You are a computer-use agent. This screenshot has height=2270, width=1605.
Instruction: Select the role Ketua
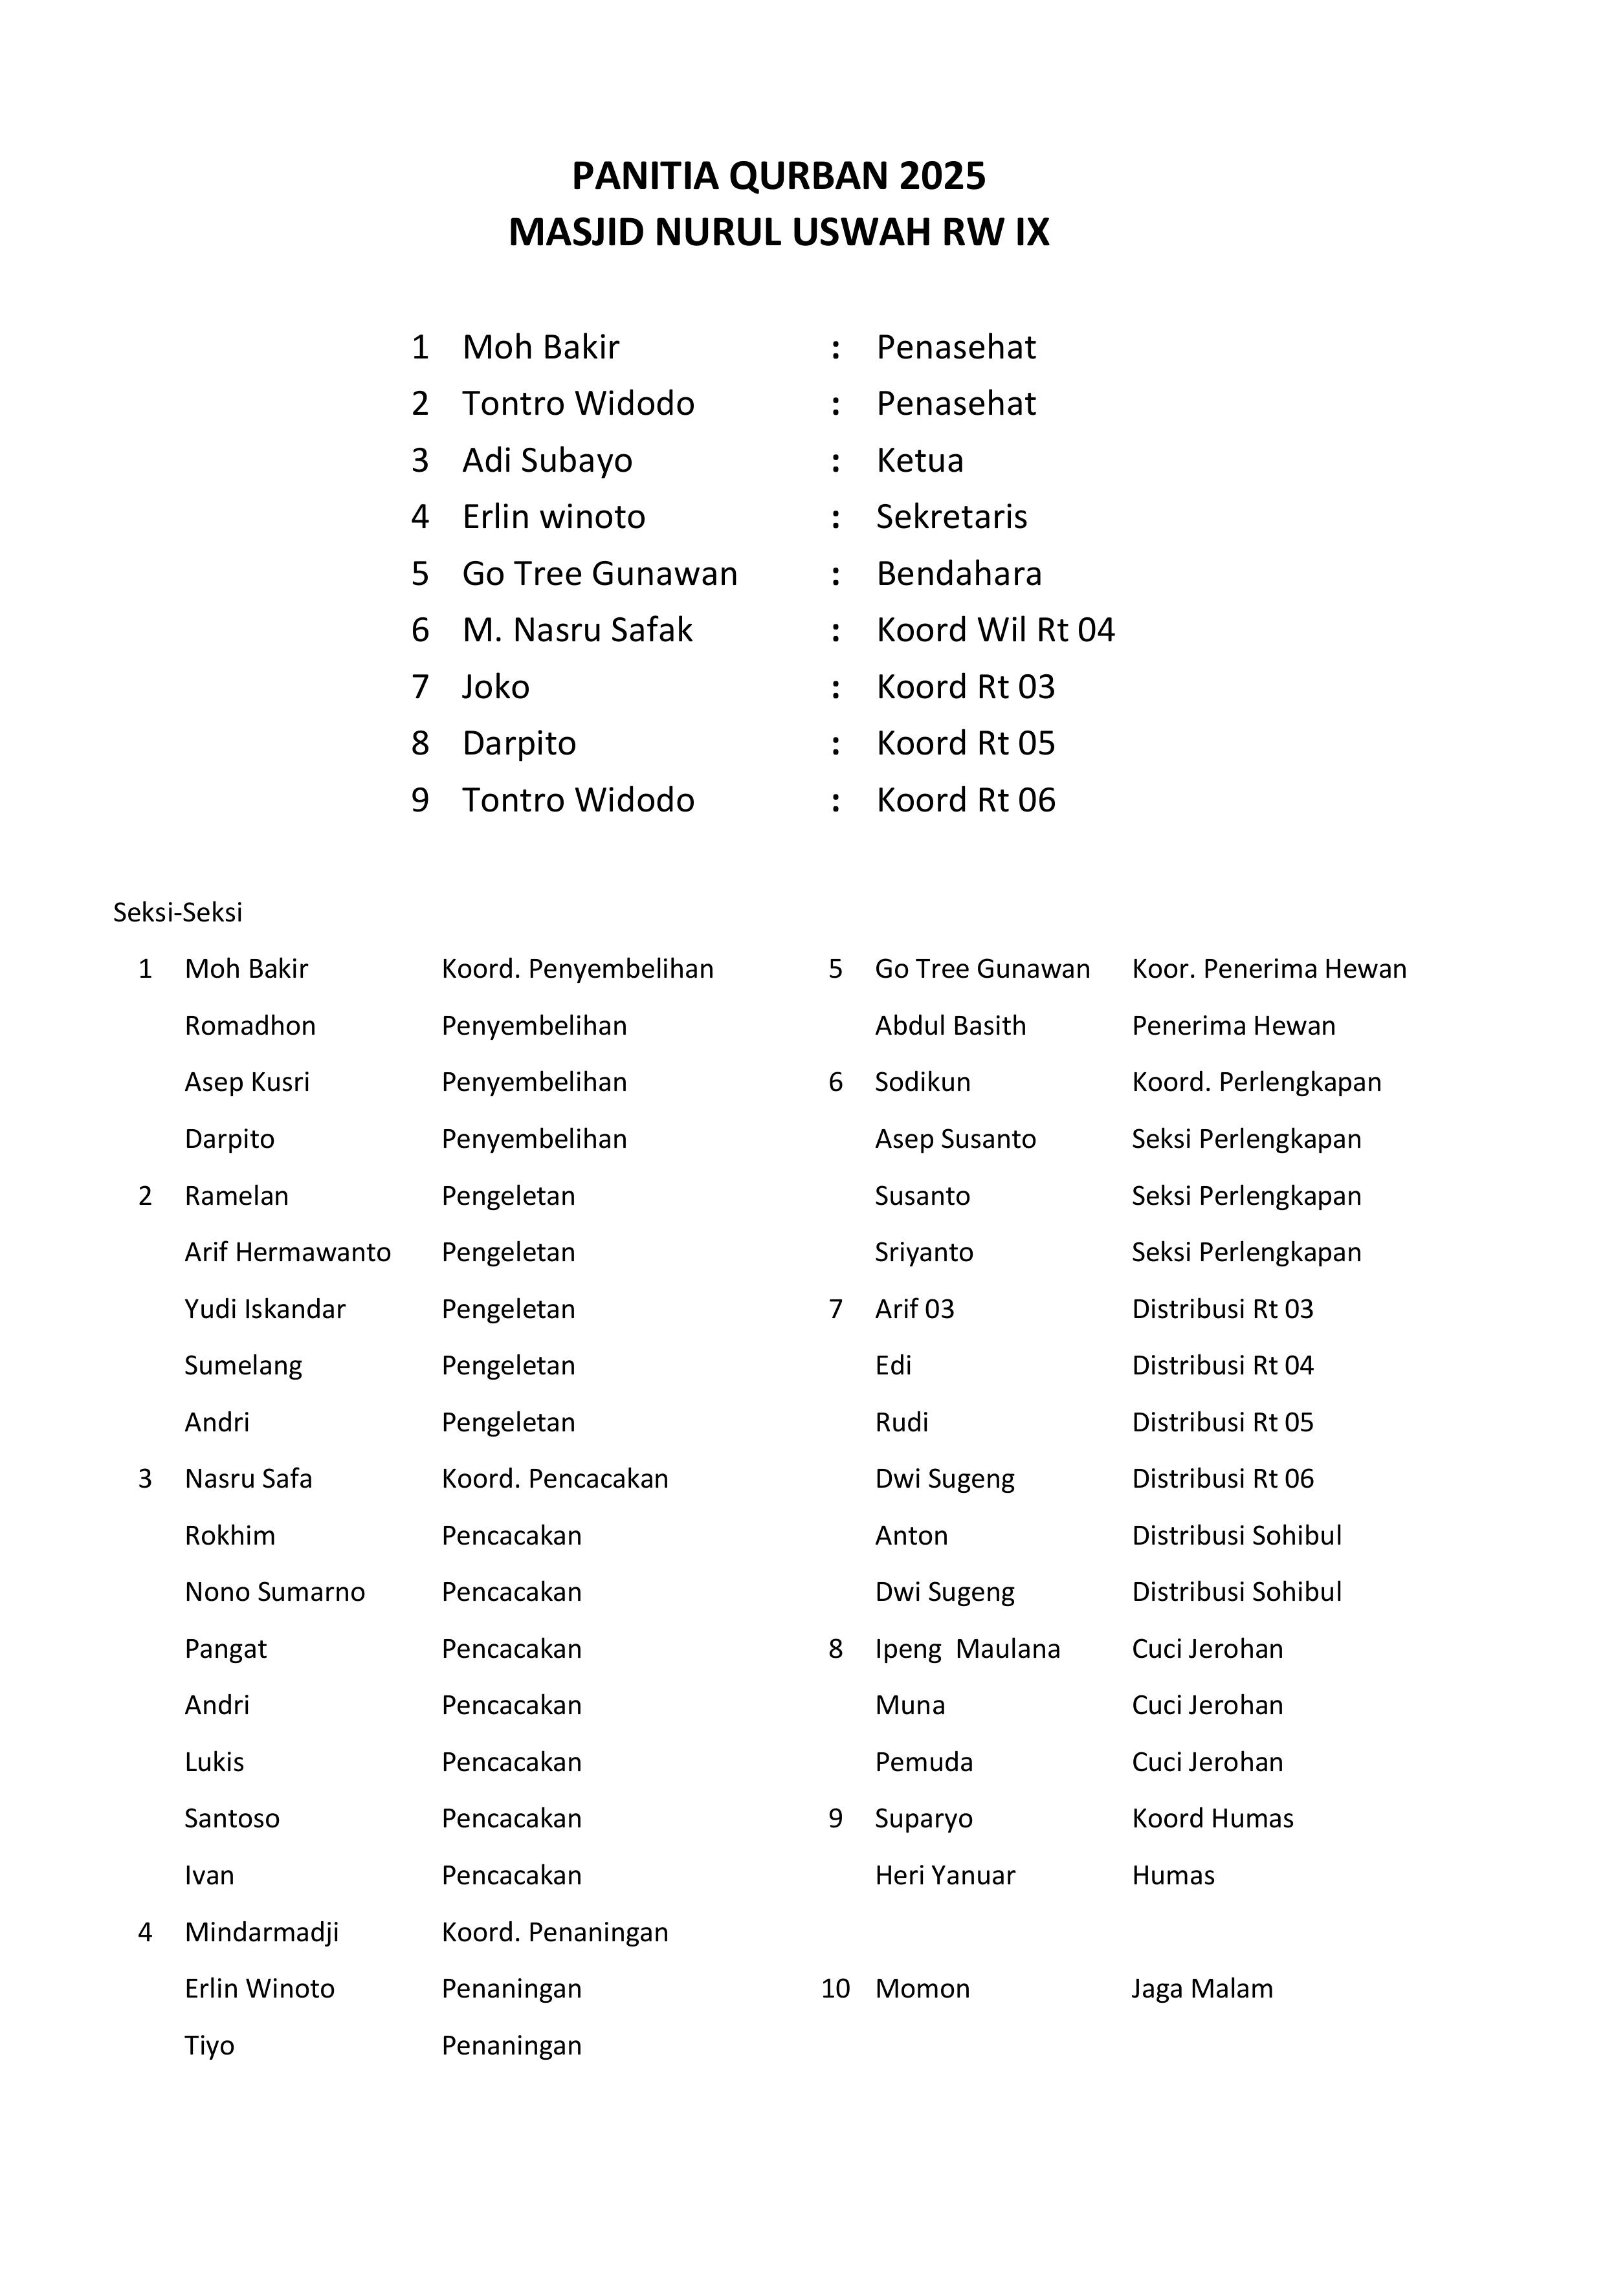(x=919, y=461)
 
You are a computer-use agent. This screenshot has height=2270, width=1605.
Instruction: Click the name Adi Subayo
(x=547, y=461)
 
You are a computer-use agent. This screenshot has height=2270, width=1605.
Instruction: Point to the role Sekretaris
(x=951, y=517)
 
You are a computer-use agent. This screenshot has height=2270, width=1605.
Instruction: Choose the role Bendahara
(x=958, y=573)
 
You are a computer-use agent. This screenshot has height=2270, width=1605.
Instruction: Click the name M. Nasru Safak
(x=577, y=630)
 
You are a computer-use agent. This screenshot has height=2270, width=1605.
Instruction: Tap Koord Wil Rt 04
(x=995, y=630)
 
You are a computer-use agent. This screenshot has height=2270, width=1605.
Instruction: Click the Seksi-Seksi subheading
(x=177, y=912)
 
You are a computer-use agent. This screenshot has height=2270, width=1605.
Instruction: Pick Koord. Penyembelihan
(x=577, y=969)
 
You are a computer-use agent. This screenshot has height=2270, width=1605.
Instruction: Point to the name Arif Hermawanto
(x=288, y=1253)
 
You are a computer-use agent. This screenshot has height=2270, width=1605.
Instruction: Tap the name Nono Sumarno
(x=275, y=1592)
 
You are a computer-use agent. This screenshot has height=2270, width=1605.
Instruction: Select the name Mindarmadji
(x=262, y=1932)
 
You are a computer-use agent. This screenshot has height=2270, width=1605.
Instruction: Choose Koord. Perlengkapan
(x=1256, y=1083)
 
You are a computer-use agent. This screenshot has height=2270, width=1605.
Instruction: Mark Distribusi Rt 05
(x=1223, y=1423)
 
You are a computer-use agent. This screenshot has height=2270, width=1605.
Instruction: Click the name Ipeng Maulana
(x=967, y=1649)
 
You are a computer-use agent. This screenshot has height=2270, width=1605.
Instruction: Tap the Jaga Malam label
(x=1202, y=1989)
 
